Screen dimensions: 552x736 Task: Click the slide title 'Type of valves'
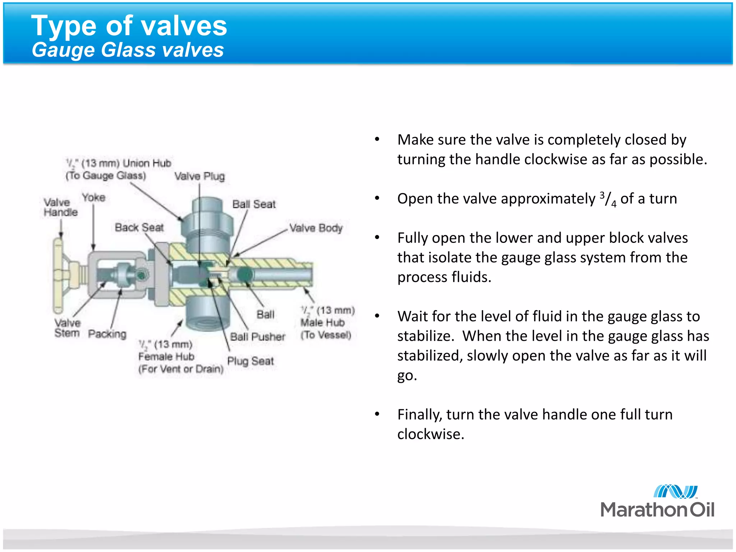tap(129, 26)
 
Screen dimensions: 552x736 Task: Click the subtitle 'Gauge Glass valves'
tap(128, 50)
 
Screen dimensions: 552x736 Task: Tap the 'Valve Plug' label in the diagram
tap(199, 176)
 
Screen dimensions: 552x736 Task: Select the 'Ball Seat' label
tap(254, 204)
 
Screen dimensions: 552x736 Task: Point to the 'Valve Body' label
tap(316, 228)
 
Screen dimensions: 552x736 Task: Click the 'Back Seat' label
tap(139, 227)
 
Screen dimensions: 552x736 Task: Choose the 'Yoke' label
tap(93, 197)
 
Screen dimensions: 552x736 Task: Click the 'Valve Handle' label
tap(60, 207)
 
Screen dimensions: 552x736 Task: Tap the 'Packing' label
tap(107, 333)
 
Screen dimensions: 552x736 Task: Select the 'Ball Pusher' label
tap(257, 337)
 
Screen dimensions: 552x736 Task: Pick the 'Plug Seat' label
tap(250, 361)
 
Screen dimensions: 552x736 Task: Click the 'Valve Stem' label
tap(67, 328)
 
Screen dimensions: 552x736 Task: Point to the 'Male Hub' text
tap(322, 322)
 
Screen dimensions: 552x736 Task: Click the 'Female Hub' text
tap(166, 356)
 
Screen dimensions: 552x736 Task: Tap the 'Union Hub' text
tap(147, 163)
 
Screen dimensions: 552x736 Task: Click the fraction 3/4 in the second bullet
tap(608, 199)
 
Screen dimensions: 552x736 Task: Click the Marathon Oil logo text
tap(657, 510)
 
